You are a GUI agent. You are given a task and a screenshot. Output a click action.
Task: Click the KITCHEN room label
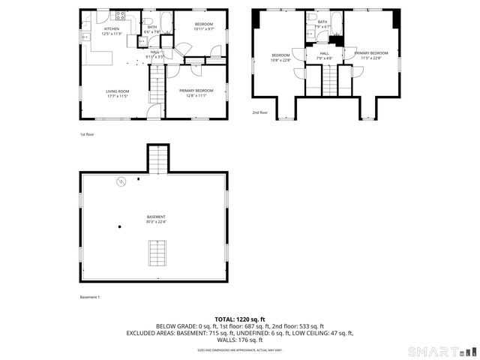[x=111, y=28]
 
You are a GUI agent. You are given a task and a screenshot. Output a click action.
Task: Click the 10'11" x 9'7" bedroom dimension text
[x=204, y=29]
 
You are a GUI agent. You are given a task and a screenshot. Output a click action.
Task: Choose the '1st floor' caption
[x=88, y=134]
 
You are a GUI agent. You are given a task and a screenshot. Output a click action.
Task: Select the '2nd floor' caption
[x=259, y=112]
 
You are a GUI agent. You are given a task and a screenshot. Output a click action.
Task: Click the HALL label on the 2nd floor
[x=324, y=53]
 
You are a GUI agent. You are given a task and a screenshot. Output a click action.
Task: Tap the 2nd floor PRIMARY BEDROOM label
[x=371, y=53]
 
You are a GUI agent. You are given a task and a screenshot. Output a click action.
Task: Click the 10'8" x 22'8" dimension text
[x=280, y=59]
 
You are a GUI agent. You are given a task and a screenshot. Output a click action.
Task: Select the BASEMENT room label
[x=156, y=217]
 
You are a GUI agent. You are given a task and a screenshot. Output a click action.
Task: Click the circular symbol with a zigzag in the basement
[x=121, y=181]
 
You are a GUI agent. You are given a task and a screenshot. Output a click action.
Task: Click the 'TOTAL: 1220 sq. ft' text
[x=240, y=319]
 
